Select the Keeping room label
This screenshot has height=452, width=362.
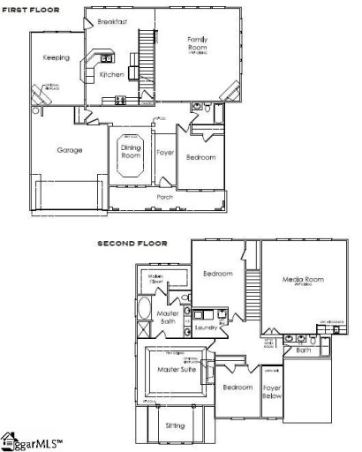tap(57, 57)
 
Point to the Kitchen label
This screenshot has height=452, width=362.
tap(112, 74)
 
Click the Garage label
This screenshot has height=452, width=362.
tap(70, 150)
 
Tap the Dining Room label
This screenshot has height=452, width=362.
tap(129, 153)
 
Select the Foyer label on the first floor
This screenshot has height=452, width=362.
tap(165, 152)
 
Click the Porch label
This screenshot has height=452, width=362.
tap(164, 197)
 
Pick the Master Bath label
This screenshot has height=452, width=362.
tap(169, 318)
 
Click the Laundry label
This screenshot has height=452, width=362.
tap(207, 328)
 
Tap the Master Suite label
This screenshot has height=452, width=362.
tap(175, 369)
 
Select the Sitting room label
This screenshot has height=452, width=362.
tap(175, 426)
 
